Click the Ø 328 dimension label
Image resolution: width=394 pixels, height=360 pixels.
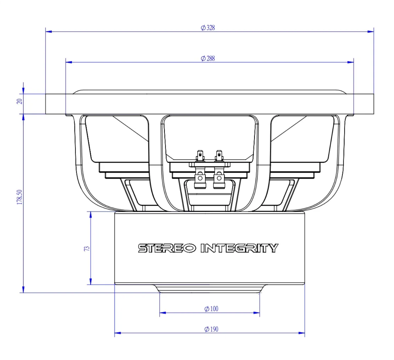pos(208,28)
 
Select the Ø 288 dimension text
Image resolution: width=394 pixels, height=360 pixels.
pos(208,58)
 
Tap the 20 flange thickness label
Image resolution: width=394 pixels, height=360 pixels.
pos(20,101)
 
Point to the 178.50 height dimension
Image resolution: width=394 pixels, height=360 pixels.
pos(20,197)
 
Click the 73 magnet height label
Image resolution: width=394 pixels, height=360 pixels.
pos(87,248)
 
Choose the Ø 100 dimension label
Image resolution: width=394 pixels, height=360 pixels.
pos(211,309)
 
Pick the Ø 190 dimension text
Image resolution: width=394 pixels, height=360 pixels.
pos(211,329)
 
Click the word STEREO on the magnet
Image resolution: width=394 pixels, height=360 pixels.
pos(167,248)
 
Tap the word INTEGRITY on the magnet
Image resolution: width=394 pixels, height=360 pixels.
pos(239,248)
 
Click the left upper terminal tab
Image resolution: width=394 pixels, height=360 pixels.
pos(200,156)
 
